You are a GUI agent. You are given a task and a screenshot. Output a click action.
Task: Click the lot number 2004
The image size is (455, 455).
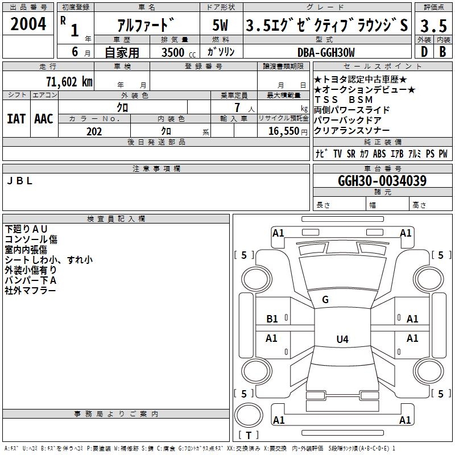pos(28,24)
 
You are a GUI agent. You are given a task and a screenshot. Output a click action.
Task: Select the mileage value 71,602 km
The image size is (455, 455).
pos(69,81)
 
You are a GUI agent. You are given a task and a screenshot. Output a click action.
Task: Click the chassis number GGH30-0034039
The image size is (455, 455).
pos(382,181)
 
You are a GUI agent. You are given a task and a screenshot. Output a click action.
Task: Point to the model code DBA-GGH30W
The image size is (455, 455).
pos(326,52)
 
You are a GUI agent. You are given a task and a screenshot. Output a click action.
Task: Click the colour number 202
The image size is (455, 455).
pos(94,131)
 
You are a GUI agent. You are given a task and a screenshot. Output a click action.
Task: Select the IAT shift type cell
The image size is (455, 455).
pos(16,119)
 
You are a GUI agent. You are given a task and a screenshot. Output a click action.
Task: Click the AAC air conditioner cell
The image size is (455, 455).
pos(44,119)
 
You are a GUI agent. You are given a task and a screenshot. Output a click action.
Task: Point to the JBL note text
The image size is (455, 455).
pos(20,181)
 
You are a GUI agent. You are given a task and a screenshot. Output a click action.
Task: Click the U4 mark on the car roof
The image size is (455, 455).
pos(342,340)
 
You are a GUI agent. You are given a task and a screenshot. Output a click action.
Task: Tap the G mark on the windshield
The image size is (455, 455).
pos(325,300)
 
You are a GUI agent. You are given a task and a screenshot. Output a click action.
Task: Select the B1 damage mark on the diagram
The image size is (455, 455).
pos(272,319)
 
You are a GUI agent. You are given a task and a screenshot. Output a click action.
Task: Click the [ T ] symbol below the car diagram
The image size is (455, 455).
pos(249,435)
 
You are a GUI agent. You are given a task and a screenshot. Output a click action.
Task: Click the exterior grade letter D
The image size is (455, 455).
pos(424,52)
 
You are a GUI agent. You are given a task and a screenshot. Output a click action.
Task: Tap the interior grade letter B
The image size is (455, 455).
pos(443,52)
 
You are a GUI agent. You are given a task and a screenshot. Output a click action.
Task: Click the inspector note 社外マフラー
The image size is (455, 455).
pos(31,290)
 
